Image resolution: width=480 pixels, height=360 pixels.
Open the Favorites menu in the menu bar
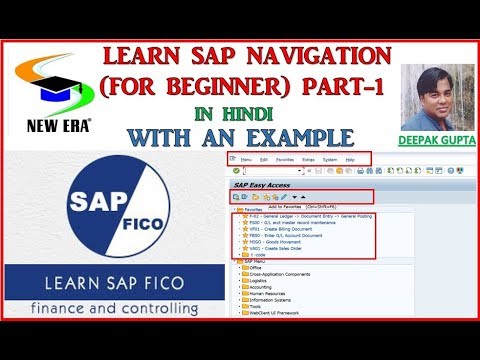(285, 159)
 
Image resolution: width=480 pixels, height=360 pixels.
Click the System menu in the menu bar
(329, 159)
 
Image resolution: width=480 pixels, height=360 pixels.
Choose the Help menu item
(350, 159)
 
